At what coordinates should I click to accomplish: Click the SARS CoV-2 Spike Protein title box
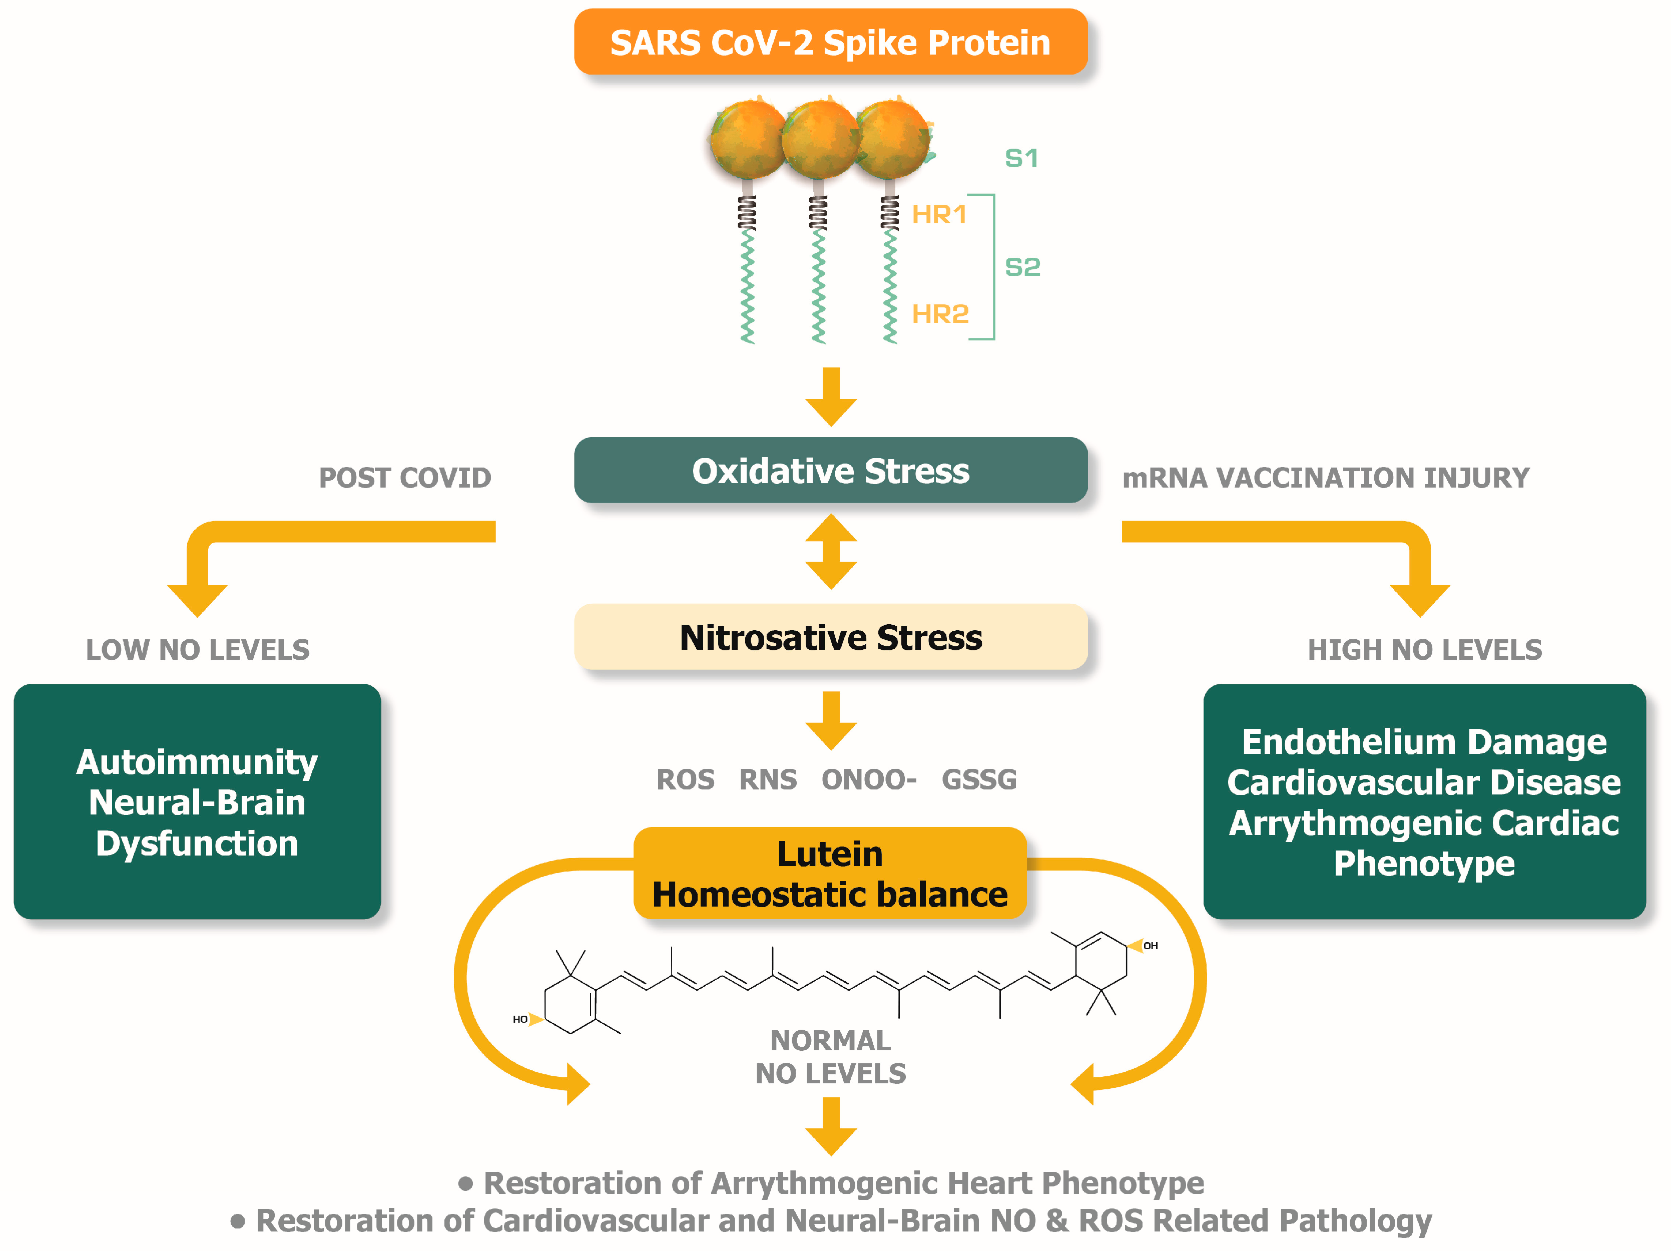(830, 43)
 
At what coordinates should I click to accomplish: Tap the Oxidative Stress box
(830, 471)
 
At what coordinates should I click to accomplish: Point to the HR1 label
(939, 215)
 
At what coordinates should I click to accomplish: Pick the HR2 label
(940, 313)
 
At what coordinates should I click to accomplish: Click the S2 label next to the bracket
(1022, 267)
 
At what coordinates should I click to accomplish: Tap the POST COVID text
(405, 478)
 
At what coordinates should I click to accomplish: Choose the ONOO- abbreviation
(869, 779)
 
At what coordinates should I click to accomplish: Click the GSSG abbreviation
(979, 779)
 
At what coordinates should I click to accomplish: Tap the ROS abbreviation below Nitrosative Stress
(685, 779)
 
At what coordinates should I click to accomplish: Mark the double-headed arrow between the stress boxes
(831, 552)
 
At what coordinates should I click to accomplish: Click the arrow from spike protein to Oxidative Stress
(831, 396)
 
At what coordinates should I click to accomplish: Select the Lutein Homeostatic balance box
(830, 874)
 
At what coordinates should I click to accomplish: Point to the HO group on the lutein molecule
(520, 1019)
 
